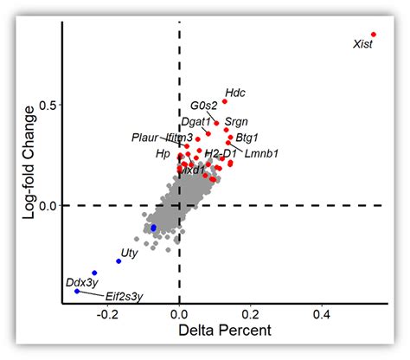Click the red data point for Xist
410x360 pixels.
click(374, 35)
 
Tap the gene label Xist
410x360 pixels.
click(364, 44)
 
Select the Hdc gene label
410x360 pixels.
click(234, 92)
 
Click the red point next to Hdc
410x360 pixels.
click(224, 101)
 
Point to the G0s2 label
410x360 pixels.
click(204, 106)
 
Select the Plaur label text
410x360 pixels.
click(145, 137)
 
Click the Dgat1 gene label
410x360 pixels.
click(195, 122)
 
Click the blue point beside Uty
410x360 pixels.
click(119, 260)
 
